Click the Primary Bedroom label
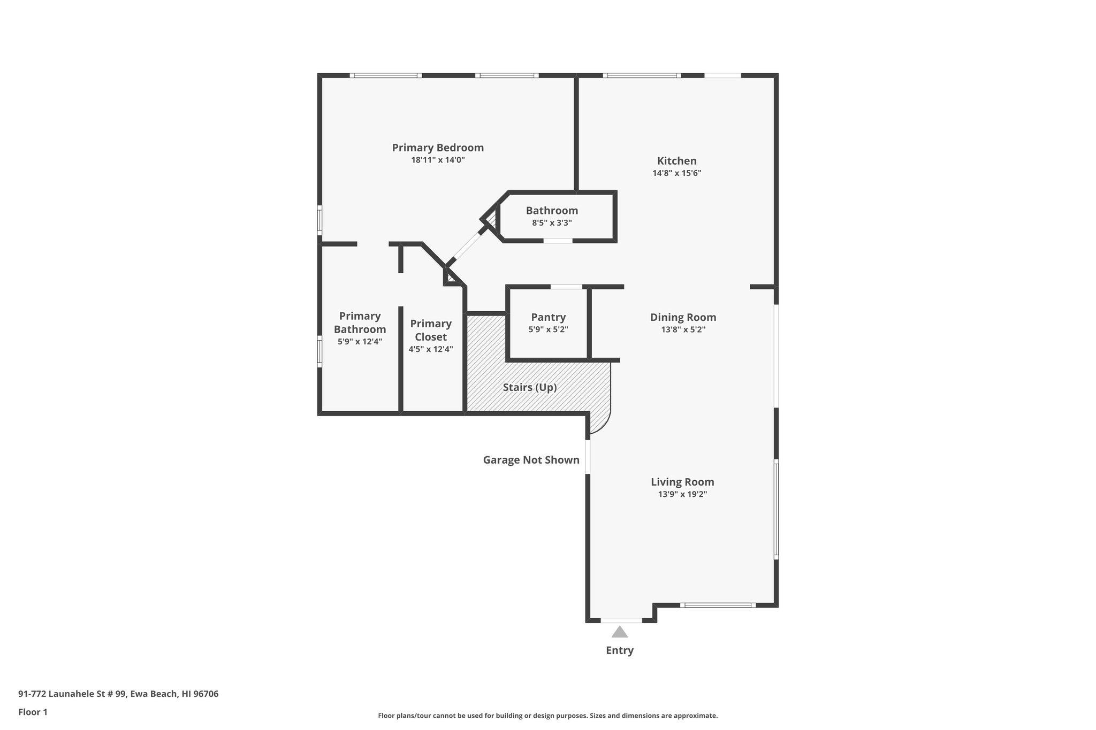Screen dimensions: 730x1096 tap(438, 148)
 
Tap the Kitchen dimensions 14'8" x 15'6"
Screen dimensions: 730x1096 tap(676, 173)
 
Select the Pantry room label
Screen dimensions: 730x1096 tap(548, 317)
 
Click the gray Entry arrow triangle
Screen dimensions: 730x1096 tap(620, 633)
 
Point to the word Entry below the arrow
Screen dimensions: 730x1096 tap(620, 650)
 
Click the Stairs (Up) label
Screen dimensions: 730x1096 tap(530, 387)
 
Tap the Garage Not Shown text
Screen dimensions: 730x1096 tap(531, 460)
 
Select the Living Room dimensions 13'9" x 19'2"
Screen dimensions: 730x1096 tap(682, 495)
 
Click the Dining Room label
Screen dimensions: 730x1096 tap(683, 317)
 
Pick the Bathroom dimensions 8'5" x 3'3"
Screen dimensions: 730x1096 tap(552, 223)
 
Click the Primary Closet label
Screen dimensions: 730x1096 tap(431, 330)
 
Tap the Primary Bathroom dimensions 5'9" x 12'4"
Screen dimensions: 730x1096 tap(360, 342)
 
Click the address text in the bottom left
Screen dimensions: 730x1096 tap(118, 694)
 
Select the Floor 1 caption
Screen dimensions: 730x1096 tap(33, 712)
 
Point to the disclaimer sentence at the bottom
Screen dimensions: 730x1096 tap(547, 716)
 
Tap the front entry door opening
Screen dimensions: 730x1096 tap(621, 620)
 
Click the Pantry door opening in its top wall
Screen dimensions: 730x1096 tap(566, 287)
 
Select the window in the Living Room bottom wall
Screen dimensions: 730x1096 tap(718, 605)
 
